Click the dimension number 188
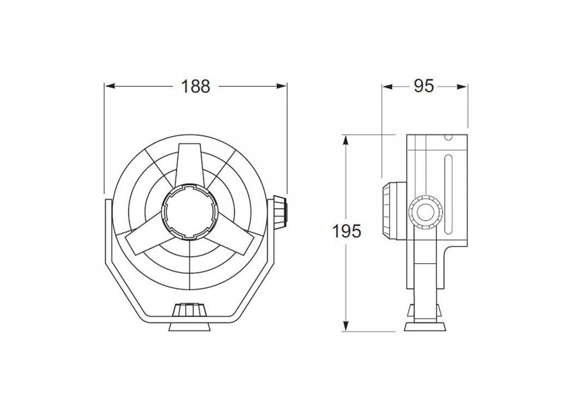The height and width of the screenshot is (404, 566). point(196,86)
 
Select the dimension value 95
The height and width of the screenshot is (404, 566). point(423,86)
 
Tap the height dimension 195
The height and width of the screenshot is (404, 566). point(347,231)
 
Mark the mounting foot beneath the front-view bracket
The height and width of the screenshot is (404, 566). point(191,326)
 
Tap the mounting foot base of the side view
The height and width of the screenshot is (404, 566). point(425,326)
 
